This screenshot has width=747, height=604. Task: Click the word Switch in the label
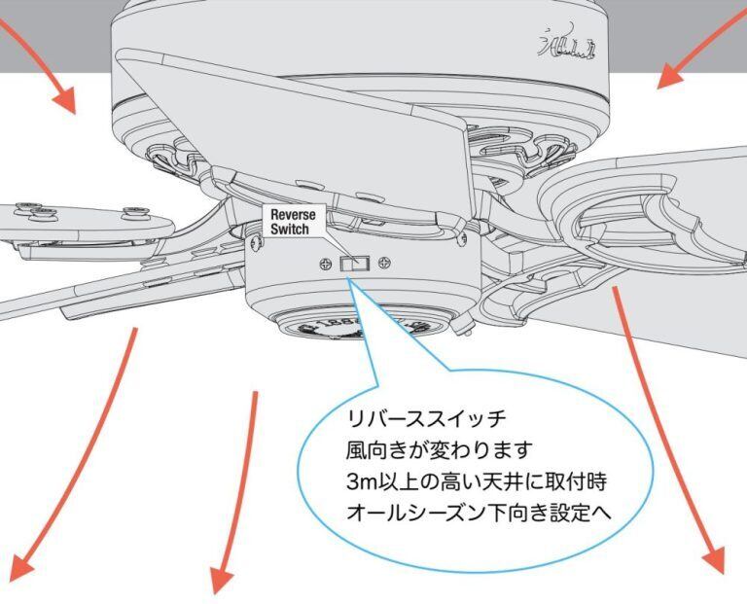(x=289, y=230)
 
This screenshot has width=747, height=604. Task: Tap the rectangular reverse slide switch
(x=353, y=263)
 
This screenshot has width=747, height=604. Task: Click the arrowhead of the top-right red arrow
(x=670, y=77)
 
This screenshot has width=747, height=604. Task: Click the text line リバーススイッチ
(x=426, y=420)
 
